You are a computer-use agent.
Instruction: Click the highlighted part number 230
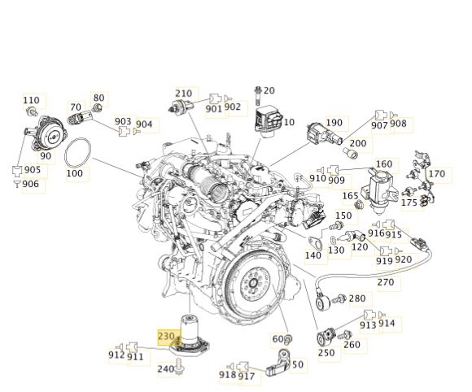point(166,336)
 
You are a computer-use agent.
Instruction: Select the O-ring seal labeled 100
point(65,154)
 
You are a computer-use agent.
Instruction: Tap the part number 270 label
point(386,282)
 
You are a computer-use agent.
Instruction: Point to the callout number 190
point(334,123)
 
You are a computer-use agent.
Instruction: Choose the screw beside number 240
point(180,366)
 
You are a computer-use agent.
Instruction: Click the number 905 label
point(33,170)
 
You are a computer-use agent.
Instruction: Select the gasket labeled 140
point(315,242)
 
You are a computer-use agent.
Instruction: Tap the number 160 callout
point(384,164)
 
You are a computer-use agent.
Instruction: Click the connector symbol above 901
point(216,99)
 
